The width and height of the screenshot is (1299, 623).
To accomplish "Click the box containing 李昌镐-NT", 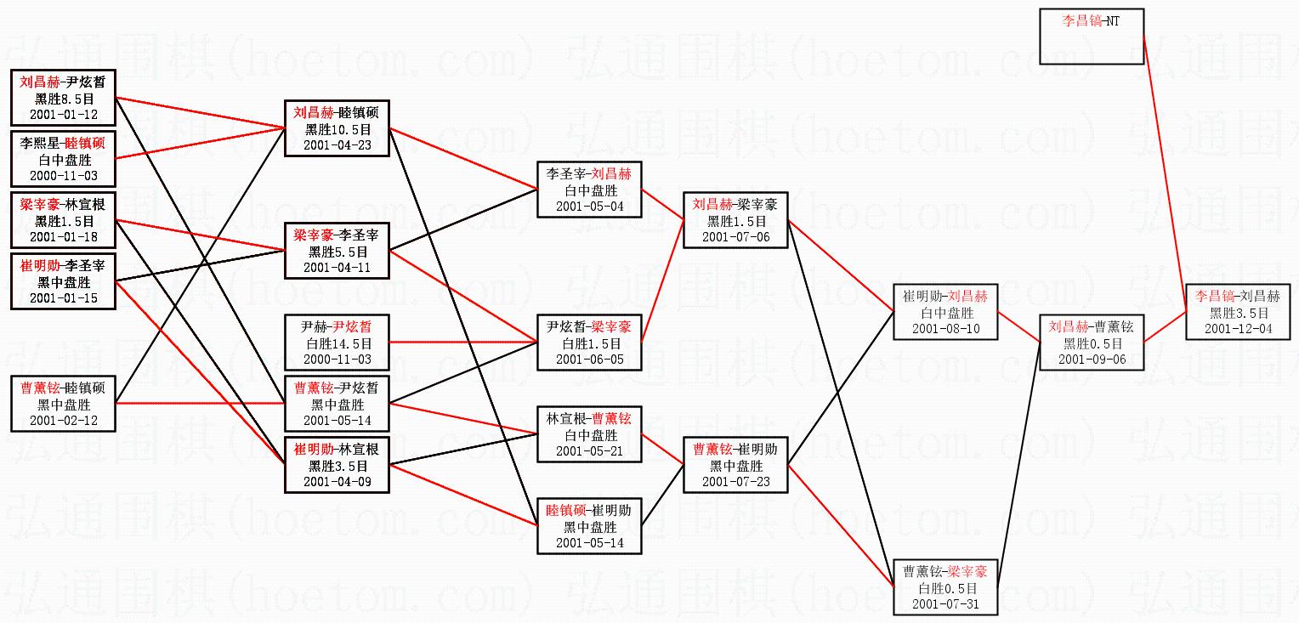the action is pos(1092,36).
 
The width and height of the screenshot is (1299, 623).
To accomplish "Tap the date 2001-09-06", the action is pos(1092,359).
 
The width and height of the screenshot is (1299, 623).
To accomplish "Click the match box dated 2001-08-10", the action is pos(945,312).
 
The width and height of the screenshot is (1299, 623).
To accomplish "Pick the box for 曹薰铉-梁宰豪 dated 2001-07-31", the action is pos(945,587).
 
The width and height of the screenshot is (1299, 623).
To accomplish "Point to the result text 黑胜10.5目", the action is pos(338,129).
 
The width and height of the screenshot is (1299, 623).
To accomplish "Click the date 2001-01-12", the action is pos(63,114).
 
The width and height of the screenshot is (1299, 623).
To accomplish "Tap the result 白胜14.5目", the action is pos(338,343).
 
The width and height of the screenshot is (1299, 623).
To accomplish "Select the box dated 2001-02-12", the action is pos(63,404).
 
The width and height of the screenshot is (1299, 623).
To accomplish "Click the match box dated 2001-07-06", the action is pos(735,220).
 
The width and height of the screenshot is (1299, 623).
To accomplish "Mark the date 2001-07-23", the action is pos(735,481).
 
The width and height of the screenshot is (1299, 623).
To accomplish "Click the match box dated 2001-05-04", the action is pos(589,190).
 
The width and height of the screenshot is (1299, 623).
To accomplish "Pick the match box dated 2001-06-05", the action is pos(589,343).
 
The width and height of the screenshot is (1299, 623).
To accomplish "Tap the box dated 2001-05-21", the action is pos(589,434).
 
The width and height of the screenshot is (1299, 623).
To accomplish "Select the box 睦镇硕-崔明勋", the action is pos(589,526).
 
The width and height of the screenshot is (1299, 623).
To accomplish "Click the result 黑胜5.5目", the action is pos(338,252).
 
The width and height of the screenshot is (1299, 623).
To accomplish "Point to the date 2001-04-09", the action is pos(338,482).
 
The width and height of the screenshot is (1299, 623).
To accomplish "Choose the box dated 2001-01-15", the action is pos(63,281).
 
